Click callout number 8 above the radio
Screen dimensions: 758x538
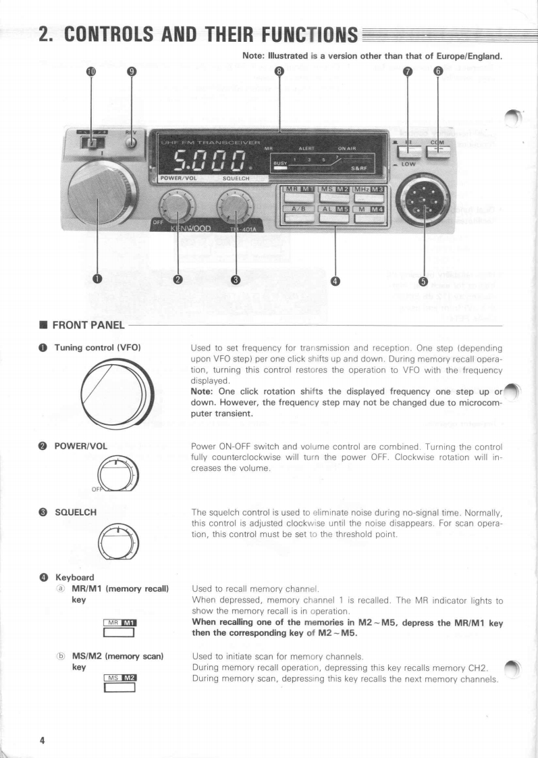[x=279, y=72]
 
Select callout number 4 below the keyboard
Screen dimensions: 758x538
[x=336, y=281]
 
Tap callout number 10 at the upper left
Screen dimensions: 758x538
[x=92, y=72]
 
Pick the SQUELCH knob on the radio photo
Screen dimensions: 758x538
[x=236, y=207]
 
